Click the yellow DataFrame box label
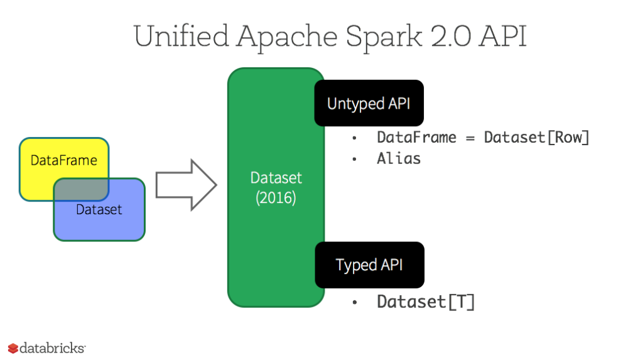(63, 160)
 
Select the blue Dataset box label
(99, 210)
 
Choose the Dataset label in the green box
(276, 178)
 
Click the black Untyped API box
(369, 103)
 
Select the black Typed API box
(369, 265)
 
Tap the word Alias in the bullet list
(399, 158)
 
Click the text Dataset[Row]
(536, 138)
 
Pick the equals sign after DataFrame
(470, 138)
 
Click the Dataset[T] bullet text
(425, 302)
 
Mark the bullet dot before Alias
(355, 159)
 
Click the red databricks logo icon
(13, 348)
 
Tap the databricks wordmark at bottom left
(52, 348)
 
